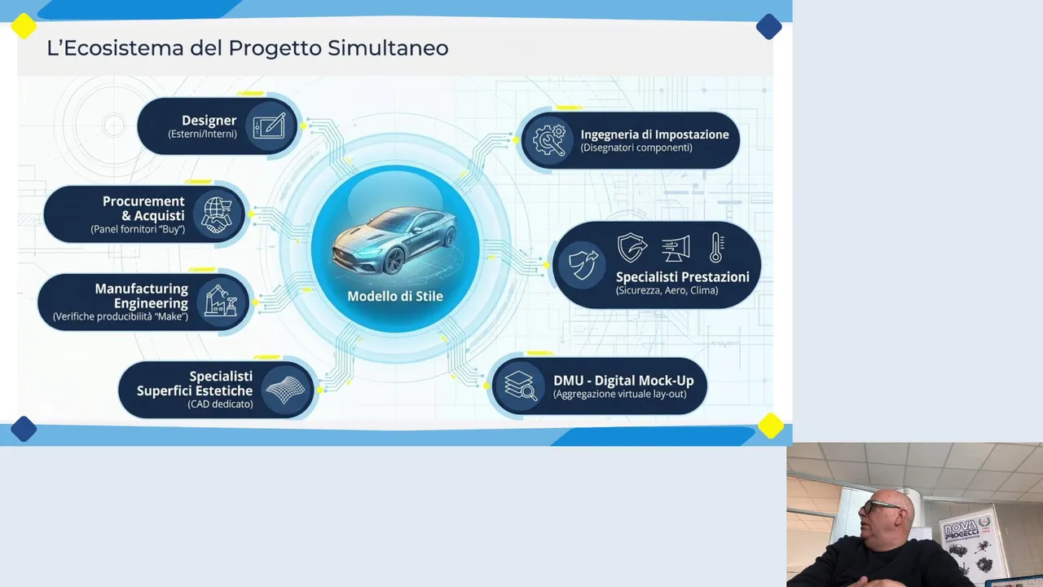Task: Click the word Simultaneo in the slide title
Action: tap(388, 48)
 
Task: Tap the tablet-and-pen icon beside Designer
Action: tap(269, 126)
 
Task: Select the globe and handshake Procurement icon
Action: tap(217, 214)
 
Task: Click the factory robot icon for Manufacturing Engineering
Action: tap(221, 301)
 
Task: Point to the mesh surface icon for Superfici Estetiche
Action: tap(285, 390)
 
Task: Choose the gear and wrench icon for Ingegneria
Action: tap(549, 139)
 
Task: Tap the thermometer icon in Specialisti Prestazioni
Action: tap(716, 247)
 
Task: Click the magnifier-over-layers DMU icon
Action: tap(521, 386)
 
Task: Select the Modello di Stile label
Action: tap(395, 296)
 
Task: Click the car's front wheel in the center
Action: tap(394, 261)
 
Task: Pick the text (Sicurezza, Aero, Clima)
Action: tap(667, 291)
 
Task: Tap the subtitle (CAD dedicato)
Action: tap(220, 404)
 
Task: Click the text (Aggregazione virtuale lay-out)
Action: tap(620, 394)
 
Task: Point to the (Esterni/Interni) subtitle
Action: tap(202, 135)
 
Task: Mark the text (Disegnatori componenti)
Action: tap(636, 148)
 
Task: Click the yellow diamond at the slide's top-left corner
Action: tap(24, 26)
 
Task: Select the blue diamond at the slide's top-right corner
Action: tap(768, 27)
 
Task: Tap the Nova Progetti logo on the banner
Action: tap(967, 528)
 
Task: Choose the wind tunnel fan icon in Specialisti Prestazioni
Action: tap(676, 249)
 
